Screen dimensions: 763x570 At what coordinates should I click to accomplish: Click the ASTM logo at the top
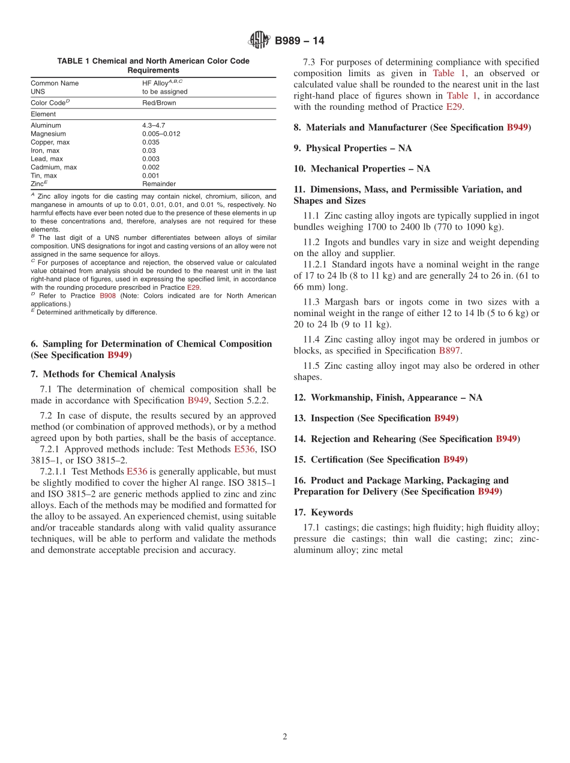click(x=259, y=41)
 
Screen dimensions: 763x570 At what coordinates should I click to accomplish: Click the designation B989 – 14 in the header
click(x=299, y=41)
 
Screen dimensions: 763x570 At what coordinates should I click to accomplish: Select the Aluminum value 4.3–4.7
click(x=154, y=125)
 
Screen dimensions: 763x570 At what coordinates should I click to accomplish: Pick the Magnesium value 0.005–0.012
click(x=161, y=134)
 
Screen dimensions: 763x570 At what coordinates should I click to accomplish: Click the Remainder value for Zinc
click(x=159, y=184)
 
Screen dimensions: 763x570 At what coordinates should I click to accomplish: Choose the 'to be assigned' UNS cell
click(x=164, y=92)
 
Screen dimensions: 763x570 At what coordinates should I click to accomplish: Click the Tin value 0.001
click(x=151, y=176)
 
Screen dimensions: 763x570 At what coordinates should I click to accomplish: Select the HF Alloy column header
click(x=162, y=83)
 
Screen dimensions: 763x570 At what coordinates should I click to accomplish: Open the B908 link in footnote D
click(x=107, y=296)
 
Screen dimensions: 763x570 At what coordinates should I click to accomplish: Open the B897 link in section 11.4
click(x=449, y=350)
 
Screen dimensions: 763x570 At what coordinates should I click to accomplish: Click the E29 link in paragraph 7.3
click(x=454, y=107)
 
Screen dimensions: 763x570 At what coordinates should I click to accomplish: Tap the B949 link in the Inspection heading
click(x=445, y=418)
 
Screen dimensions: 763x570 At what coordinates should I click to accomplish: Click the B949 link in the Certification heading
click(x=454, y=459)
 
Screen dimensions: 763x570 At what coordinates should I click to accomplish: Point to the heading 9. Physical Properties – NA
click(x=352, y=148)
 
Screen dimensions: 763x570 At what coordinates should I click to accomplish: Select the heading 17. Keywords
click(x=323, y=512)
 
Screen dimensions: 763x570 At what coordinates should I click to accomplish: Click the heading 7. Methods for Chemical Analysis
click(x=103, y=374)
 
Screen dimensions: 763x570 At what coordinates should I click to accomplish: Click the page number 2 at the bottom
click(x=285, y=737)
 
